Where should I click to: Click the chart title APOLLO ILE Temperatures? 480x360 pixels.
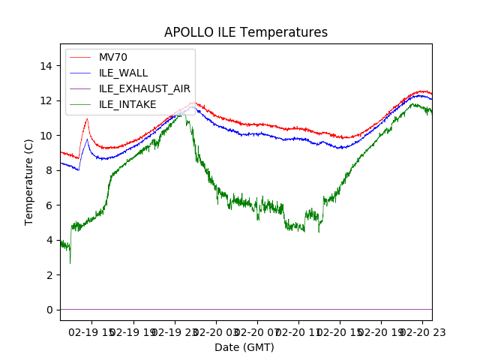click(246, 33)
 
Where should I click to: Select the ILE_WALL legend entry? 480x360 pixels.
click(123, 73)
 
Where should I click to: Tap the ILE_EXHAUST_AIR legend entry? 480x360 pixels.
click(145, 88)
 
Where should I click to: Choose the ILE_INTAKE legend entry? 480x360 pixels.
click(127, 104)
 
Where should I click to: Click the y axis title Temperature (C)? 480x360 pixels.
click(29, 181)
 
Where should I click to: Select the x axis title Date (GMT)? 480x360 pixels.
click(244, 347)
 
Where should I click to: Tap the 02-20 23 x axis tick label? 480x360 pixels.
click(421, 331)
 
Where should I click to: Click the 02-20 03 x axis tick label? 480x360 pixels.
click(216, 331)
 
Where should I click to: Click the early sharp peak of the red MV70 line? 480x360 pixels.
click(87, 118)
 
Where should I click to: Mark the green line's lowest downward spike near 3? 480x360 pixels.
click(70, 262)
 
